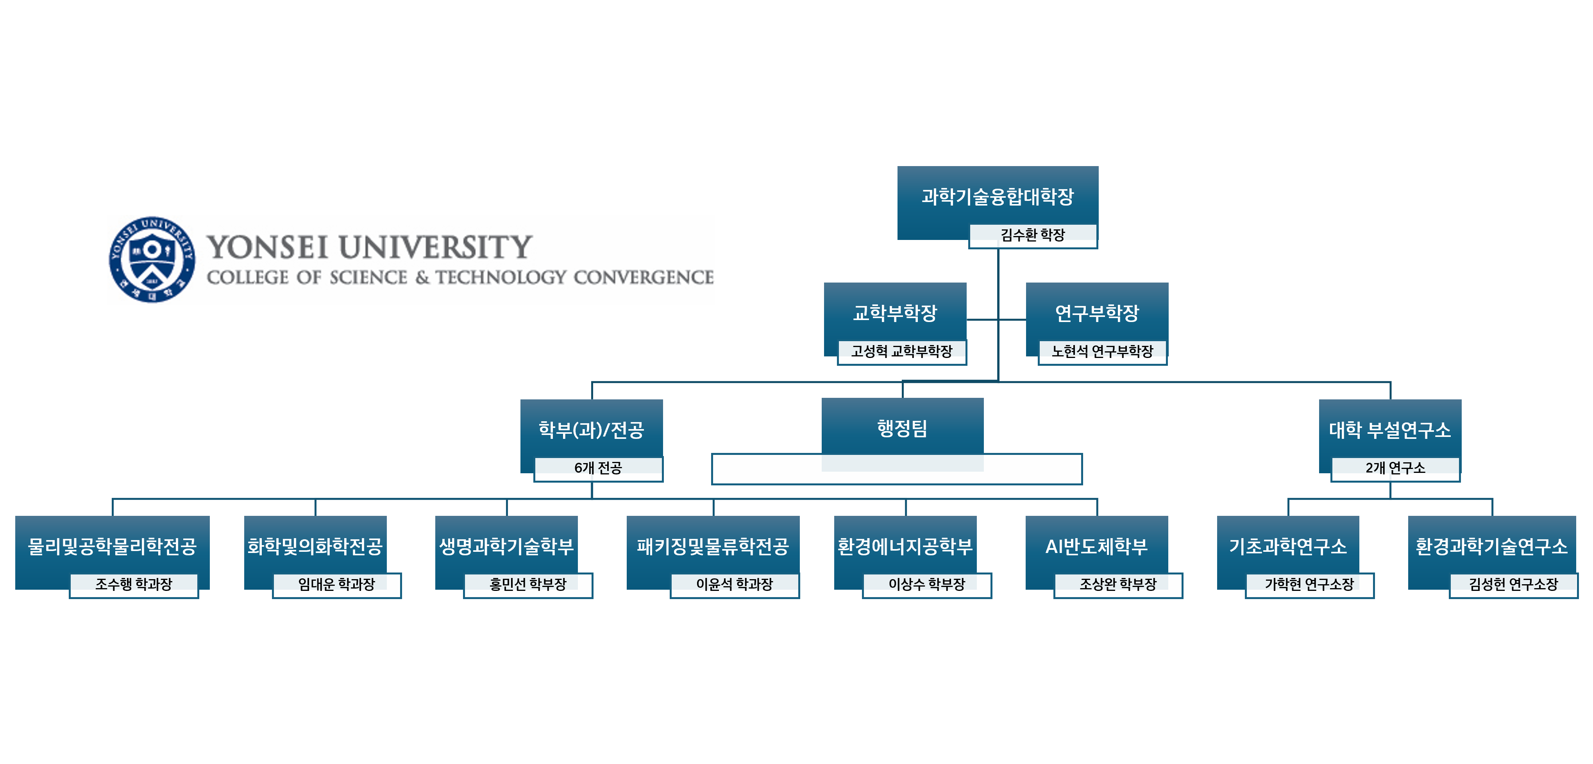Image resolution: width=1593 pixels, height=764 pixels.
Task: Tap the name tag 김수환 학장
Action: tap(1032, 235)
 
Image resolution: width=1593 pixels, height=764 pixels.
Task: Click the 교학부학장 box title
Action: tap(895, 313)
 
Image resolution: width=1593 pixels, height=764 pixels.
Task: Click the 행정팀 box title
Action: tap(902, 428)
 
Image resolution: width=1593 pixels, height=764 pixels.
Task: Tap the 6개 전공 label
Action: tap(597, 468)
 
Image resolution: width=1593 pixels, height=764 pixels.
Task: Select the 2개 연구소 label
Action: tap(1395, 468)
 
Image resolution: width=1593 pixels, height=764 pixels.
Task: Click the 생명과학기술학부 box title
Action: tap(506, 546)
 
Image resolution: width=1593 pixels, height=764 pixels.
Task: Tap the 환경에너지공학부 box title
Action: tap(905, 546)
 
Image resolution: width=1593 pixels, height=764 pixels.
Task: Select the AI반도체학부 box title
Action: tap(1096, 546)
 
